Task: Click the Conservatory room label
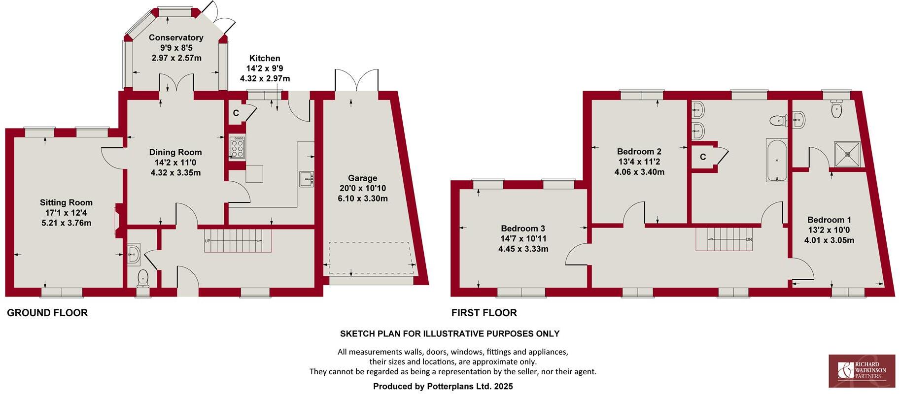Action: (176, 37)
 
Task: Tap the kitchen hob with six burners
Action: (237, 147)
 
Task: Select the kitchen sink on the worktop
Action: (307, 179)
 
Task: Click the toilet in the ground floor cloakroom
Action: (143, 278)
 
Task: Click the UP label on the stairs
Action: (208, 241)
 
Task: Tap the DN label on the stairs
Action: (749, 240)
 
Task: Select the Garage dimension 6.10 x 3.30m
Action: (363, 199)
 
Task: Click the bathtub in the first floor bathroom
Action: (777, 160)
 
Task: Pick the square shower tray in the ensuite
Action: (847, 154)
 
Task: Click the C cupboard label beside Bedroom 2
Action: (703, 157)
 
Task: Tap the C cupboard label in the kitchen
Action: (236, 113)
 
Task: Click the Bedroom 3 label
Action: (523, 229)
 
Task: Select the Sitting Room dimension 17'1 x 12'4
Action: (67, 213)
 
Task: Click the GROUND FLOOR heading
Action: (47, 313)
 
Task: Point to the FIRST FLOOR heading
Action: (484, 313)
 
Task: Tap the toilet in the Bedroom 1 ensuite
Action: (836, 109)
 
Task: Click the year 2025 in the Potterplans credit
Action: (504, 387)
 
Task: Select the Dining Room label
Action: (175, 152)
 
